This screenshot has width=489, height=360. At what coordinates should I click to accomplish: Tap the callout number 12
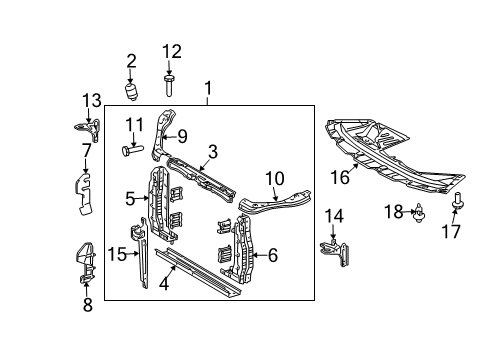(172, 52)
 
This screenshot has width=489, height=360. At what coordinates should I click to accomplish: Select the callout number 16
(340, 177)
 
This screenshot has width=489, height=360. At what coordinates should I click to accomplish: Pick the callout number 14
(334, 215)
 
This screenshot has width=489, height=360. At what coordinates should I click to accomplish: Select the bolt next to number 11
(132, 152)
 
